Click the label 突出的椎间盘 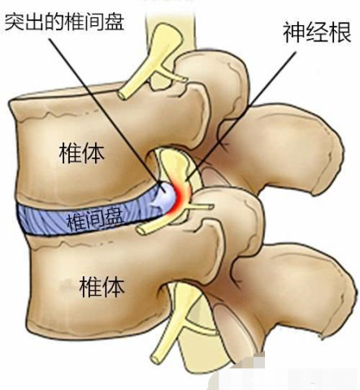(65, 22)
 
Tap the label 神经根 (317, 32)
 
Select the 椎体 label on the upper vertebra (82, 154)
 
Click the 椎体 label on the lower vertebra (102, 287)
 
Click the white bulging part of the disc (166, 197)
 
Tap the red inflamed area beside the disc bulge (181, 197)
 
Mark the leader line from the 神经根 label (241, 115)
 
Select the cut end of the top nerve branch (124, 94)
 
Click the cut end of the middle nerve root (141, 231)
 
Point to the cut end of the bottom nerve (157, 358)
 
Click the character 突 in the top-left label (15, 22)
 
